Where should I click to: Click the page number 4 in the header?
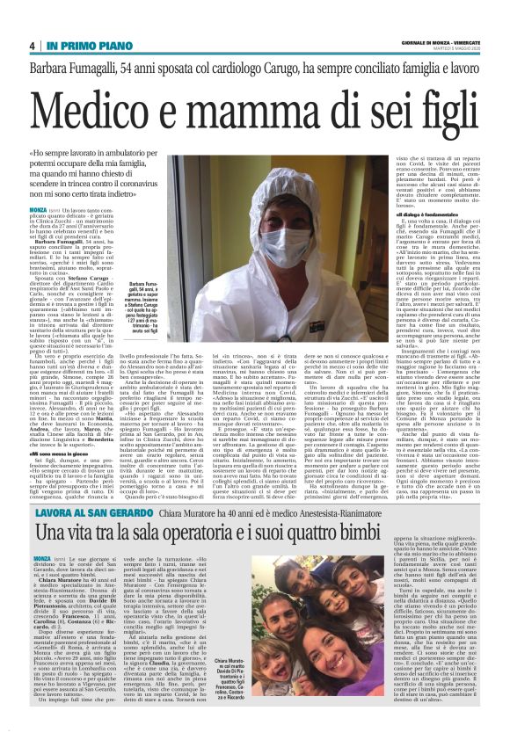coord(32,46)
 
